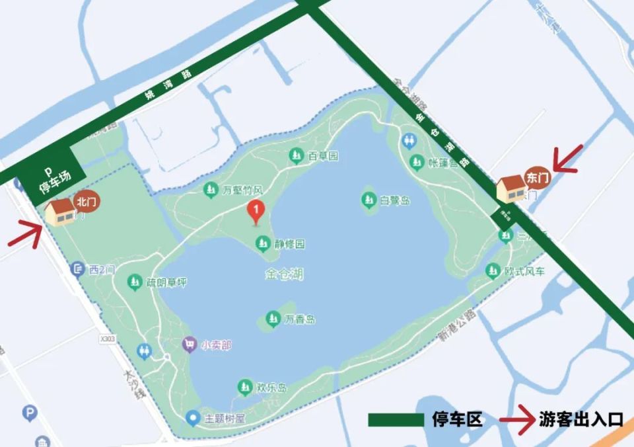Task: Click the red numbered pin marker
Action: click(x=256, y=212)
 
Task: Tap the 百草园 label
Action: click(x=322, y=156)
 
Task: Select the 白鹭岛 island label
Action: click(x=394, y=199)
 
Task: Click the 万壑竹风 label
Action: click(x=242, y=190)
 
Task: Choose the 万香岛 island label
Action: click(x=299, y=319)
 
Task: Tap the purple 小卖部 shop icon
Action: click(x=190, y=345)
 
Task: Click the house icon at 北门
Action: click(x=61, y=211)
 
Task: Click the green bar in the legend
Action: click(x=395, y=419)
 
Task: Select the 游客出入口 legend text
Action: click(x=581, y=419)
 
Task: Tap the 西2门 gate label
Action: click(x=102, y=269)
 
